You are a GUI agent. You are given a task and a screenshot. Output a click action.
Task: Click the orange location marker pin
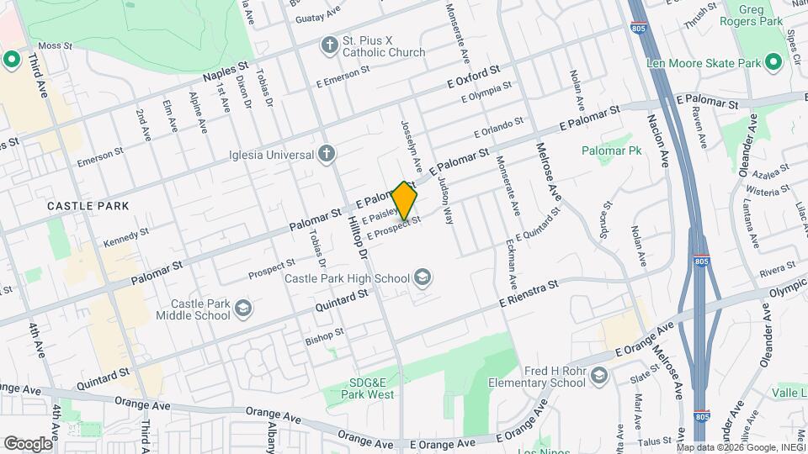[405, 202]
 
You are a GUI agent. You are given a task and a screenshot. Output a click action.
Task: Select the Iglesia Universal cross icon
[327, 154]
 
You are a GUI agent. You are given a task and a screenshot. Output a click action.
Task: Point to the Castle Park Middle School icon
[243, 309]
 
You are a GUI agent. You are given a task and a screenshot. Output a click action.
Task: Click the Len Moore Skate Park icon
[771, 62]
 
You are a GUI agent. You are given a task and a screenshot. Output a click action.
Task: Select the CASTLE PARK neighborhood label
[88, 206]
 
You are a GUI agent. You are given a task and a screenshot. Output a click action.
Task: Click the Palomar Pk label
[611, 150]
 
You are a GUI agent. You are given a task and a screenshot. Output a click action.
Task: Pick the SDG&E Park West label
[371, 388]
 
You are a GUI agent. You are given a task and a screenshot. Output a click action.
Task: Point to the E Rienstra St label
[529, 293]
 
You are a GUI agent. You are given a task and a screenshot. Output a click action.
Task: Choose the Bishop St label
[324, 336]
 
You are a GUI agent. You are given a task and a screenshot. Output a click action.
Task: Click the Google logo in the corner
[29, 443]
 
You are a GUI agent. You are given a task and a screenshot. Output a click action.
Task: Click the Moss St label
[56, 45]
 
